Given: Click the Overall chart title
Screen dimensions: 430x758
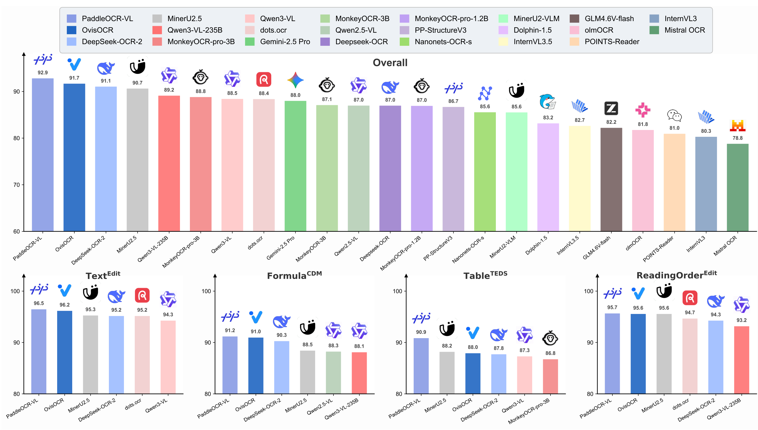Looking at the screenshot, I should [390, 63].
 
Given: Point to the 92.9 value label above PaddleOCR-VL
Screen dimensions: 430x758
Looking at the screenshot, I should [42, 73].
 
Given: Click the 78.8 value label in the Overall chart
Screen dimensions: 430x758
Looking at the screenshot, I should [737, 138].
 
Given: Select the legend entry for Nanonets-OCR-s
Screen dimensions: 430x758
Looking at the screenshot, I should [442, 42].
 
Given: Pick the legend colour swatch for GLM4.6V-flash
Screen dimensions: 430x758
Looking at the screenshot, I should [574, 18].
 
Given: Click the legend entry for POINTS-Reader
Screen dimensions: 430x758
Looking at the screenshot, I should [611, 42].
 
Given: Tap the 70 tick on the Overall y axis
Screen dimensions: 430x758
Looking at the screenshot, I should [16, 185].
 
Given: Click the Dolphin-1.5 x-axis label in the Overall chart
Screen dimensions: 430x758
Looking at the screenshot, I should [536, 245].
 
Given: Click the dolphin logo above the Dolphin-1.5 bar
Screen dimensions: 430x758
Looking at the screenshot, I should [548, 102].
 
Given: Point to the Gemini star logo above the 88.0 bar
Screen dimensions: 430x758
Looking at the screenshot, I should [295, 80].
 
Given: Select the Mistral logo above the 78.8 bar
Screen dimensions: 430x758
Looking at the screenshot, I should [737, 125].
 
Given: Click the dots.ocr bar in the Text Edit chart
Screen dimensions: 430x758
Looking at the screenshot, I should [142, 354].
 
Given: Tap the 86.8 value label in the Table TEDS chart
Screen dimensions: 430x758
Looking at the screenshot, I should [550, 353].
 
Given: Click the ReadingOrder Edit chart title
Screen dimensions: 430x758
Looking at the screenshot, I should [676, 275].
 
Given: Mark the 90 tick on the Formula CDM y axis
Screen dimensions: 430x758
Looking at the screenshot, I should [208, 343].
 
